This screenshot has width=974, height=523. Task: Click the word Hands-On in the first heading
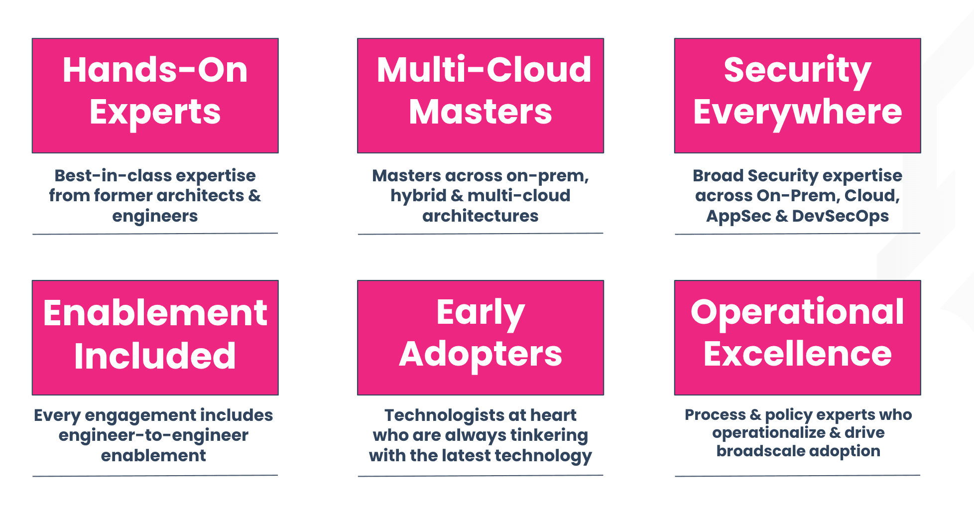[x=155, y=70]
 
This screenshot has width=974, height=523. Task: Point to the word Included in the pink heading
[x=155, y=356]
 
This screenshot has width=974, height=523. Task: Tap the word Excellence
[x=797, y=354]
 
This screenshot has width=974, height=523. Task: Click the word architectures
[x=481, y=216]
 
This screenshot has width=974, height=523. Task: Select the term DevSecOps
[x=841, y=217]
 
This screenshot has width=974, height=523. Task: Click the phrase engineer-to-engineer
[x=153, y=436]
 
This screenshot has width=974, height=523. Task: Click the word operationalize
[x=769, y=433]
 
